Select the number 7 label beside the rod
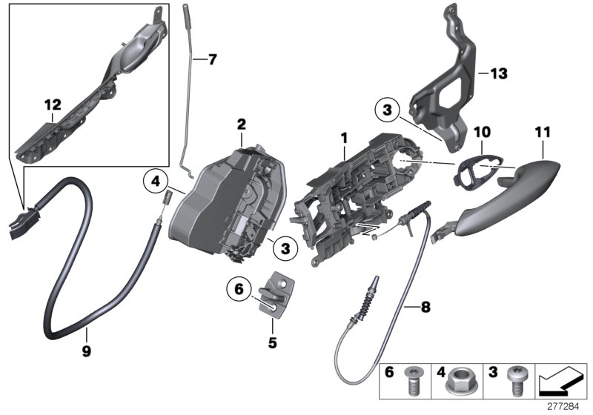[213, 59]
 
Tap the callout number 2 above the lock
[241, 124]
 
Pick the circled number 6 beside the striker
[239, 291]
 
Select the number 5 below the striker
[272, 343]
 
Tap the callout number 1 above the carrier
[343, 138]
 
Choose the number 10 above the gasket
[482, 131]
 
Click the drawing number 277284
[566, 406]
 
